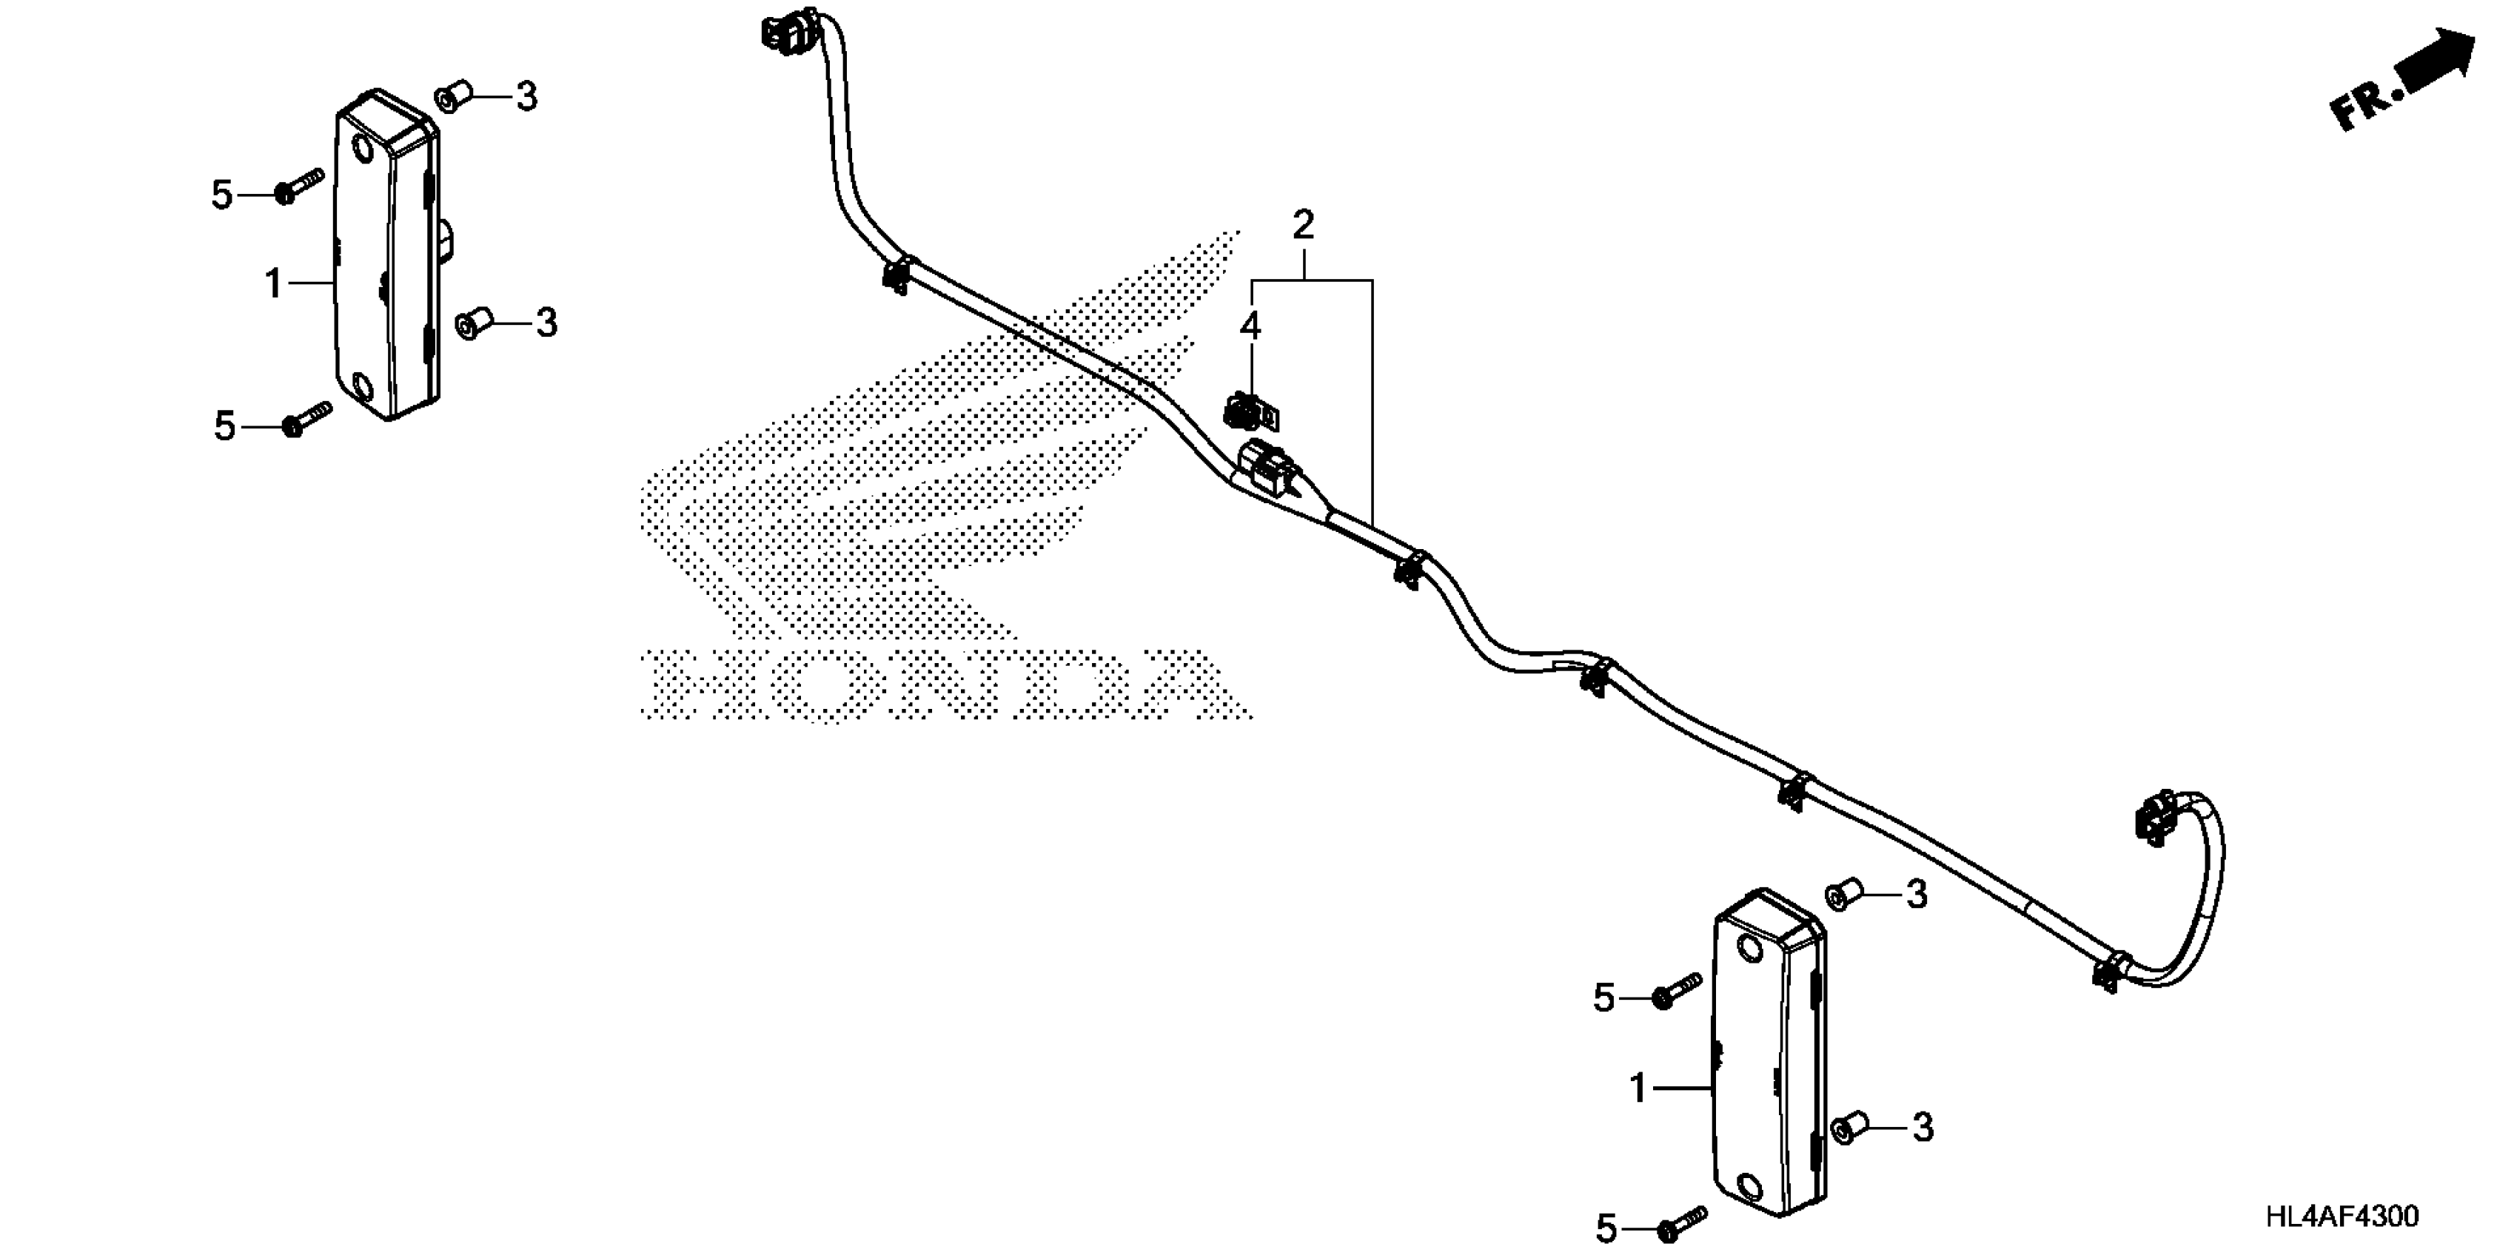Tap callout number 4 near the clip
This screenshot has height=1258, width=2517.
point(1250,326)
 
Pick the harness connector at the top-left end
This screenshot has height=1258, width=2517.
point(788,30)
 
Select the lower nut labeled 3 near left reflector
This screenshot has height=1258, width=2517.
point(473,323)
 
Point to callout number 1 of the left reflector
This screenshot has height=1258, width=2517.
point(275,284)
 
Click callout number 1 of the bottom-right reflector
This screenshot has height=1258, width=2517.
point(1638,1088)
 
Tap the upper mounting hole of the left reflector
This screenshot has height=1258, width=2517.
point(361,150)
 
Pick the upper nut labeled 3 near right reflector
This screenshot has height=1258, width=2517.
point(1841,895)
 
